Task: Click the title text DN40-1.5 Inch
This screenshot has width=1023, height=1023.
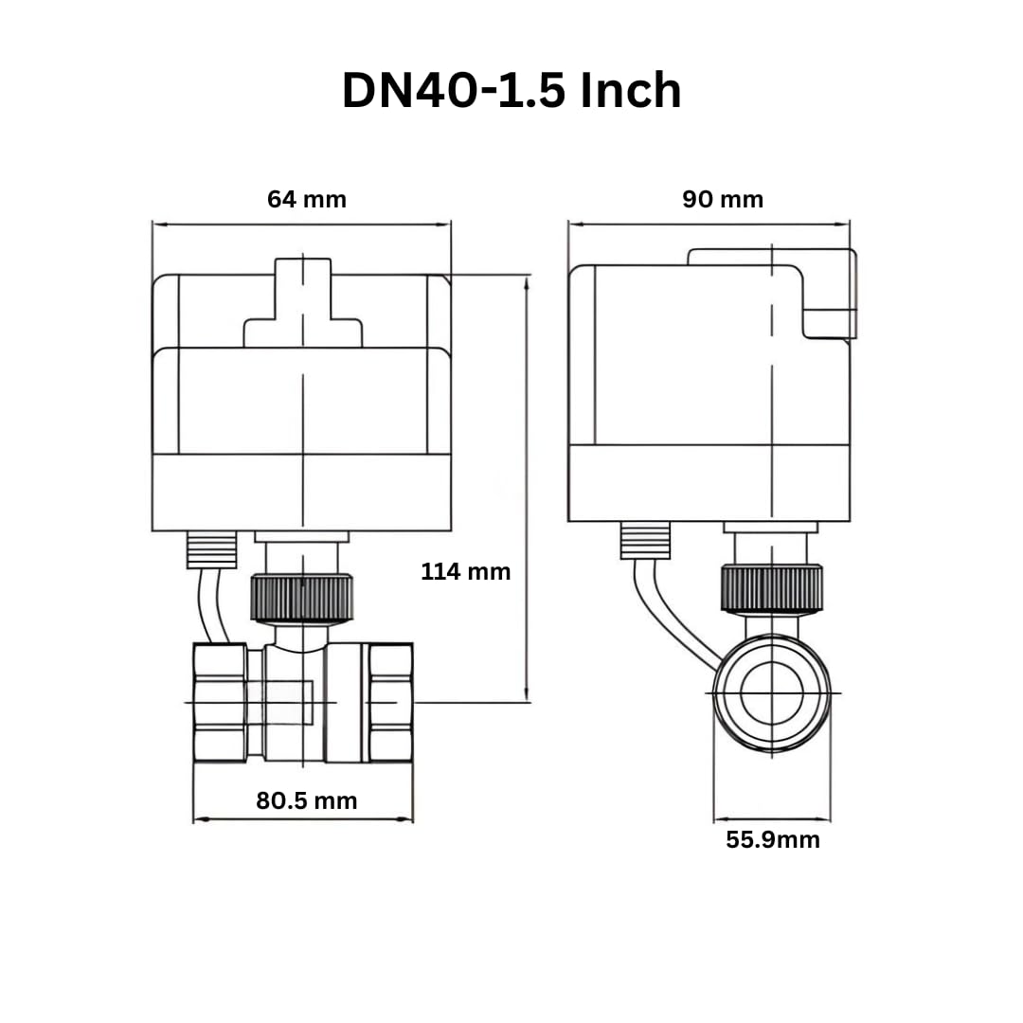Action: point(511,92)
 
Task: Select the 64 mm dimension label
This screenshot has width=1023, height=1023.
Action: point(307,200)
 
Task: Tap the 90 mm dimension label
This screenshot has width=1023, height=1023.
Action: point(723,200)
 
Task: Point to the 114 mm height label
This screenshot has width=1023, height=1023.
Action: point(465,571)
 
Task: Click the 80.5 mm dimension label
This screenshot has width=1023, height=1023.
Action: point(307,800)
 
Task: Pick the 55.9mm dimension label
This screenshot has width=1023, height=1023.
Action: point(773,839)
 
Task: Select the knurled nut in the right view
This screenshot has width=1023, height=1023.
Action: point(771,587)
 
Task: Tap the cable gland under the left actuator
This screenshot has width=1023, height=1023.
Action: point(211,549)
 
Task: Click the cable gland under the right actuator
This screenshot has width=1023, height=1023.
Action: point(644,540)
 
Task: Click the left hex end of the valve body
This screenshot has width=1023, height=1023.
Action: point(220,701)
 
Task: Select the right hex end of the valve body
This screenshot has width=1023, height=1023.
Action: point(390,701)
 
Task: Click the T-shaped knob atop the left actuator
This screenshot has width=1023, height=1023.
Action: point(303,303)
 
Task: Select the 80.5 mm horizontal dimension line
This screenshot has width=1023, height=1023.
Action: point(303,819)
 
